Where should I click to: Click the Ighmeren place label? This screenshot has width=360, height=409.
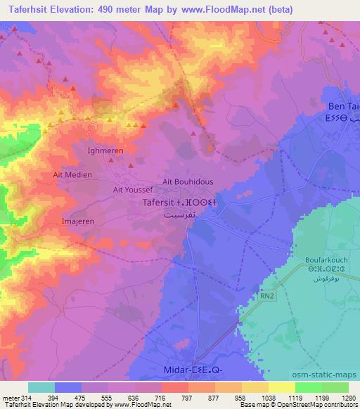[105, 150]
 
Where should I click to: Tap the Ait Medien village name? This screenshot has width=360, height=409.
[72, 174]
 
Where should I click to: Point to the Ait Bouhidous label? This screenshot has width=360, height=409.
[188, 181]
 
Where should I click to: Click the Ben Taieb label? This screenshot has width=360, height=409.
[344, 107]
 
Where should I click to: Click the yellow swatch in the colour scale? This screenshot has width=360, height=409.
[281, 387]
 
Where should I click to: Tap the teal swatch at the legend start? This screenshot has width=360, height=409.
[41, 387]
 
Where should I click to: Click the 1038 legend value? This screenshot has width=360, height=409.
[269, 398]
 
